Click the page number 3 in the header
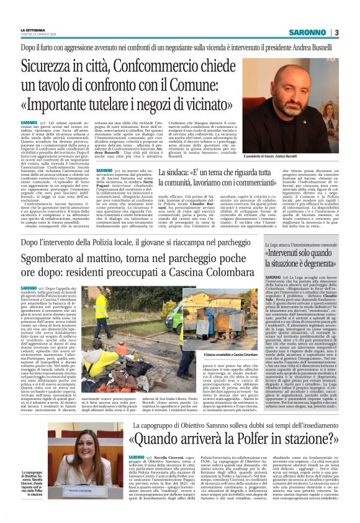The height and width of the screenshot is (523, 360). pos(336,32)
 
